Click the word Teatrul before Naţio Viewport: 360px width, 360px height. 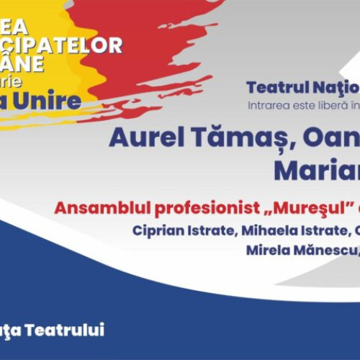(x=275, y=88)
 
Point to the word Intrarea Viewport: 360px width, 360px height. (x=266, y=105)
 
